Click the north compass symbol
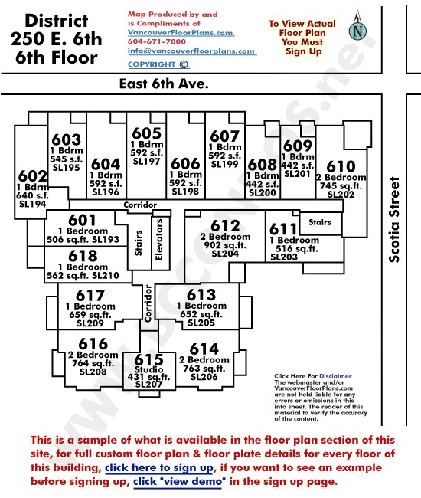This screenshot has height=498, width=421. click(357, 27)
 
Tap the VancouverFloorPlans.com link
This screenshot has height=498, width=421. click(181, 33)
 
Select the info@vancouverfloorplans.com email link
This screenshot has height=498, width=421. click(192, 51)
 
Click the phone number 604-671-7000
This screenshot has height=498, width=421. click(157, 41)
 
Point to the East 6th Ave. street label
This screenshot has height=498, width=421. click(164, 84)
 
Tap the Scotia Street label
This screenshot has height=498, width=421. click(394, 219)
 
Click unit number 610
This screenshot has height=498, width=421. click(341, 166)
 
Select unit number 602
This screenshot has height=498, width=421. click(33, 175)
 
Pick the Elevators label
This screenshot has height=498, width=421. click(159, 240)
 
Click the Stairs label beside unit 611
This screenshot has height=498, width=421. click(320, 222)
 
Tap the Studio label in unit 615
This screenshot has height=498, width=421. click(148, 370)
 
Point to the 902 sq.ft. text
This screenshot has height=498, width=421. click(225, 245)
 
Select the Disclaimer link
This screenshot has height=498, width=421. click(335, 376)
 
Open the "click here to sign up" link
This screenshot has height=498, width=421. click(159, 468)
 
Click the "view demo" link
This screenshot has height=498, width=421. click(178, 481)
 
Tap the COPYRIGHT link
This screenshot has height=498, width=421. click(158, 64)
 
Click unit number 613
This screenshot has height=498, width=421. click(201, 294)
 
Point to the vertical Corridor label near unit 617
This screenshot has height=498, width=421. click(148, 303)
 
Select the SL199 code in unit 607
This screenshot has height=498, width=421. click(224, 164)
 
